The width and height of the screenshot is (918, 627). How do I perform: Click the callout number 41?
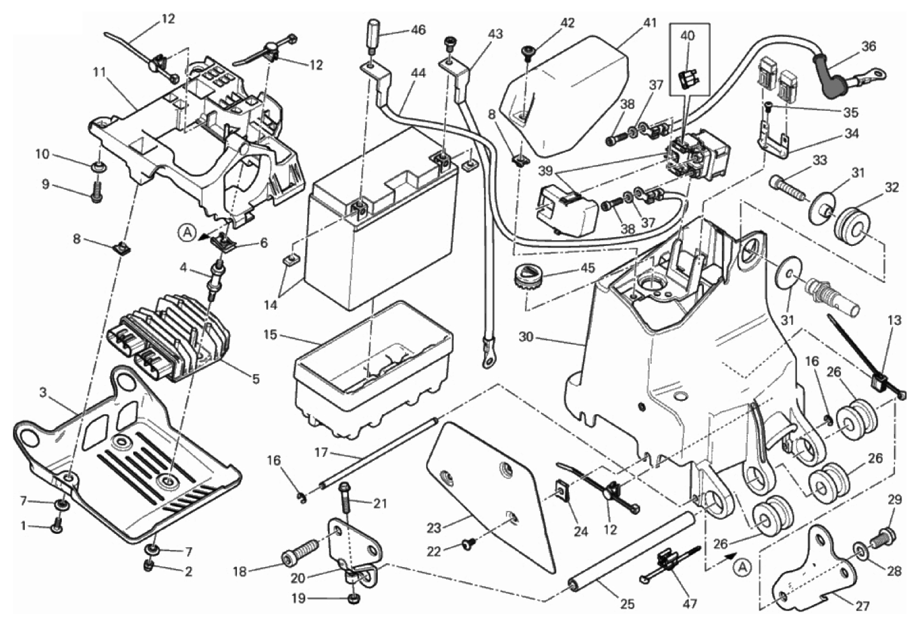point(649,24)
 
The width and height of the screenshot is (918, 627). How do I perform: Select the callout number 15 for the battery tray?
point(271,334)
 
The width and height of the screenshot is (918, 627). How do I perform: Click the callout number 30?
point(526,336)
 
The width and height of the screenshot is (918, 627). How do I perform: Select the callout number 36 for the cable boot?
point(869,46)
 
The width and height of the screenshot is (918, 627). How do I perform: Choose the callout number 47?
point(690,603)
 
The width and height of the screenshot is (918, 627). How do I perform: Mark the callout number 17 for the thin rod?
point(320,452)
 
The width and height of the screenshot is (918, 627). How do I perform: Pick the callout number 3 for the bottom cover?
point(43,393)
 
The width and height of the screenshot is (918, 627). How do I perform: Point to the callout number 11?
point(99,72)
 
